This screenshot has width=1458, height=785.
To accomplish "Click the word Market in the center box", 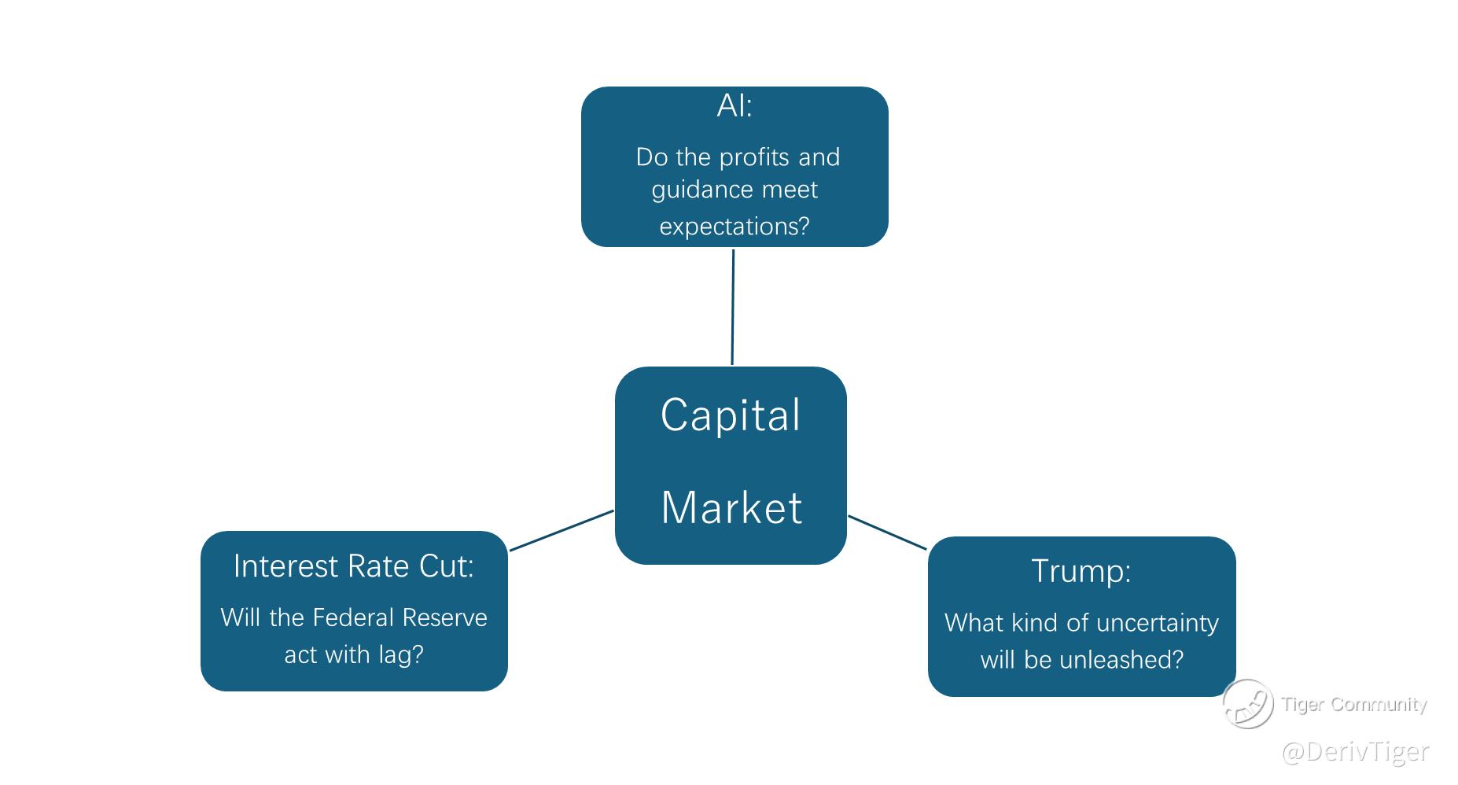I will (x=731, y=507).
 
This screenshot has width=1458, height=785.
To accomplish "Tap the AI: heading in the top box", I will (x=735, y=106).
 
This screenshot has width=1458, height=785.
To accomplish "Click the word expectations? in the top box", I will (x=735, y=227).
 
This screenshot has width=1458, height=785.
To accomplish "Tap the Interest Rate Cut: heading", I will (x=354, y=566).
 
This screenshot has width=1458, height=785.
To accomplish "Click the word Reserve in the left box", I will (x=445, y=617).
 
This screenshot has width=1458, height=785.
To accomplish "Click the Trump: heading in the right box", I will (x=1081, y=571).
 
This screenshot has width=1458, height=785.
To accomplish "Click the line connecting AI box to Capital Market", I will (x=733, y=307).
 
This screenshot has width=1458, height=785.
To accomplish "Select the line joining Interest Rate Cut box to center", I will (x=561, y=530).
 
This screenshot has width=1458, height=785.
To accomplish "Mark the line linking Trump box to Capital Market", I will (x=887, y=533).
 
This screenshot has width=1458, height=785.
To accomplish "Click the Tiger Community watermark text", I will (x=1353, y=704).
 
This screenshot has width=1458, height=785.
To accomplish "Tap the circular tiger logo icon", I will (x=1248, y=703).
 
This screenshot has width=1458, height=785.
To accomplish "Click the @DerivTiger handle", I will (x=1355, y=751).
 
